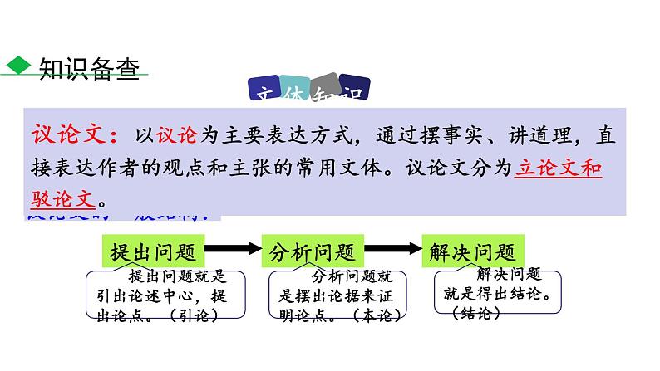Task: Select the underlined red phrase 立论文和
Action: [x=558, y=167]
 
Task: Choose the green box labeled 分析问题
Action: [x=313, y=251]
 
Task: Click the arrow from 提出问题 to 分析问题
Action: [x=234, y=250]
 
